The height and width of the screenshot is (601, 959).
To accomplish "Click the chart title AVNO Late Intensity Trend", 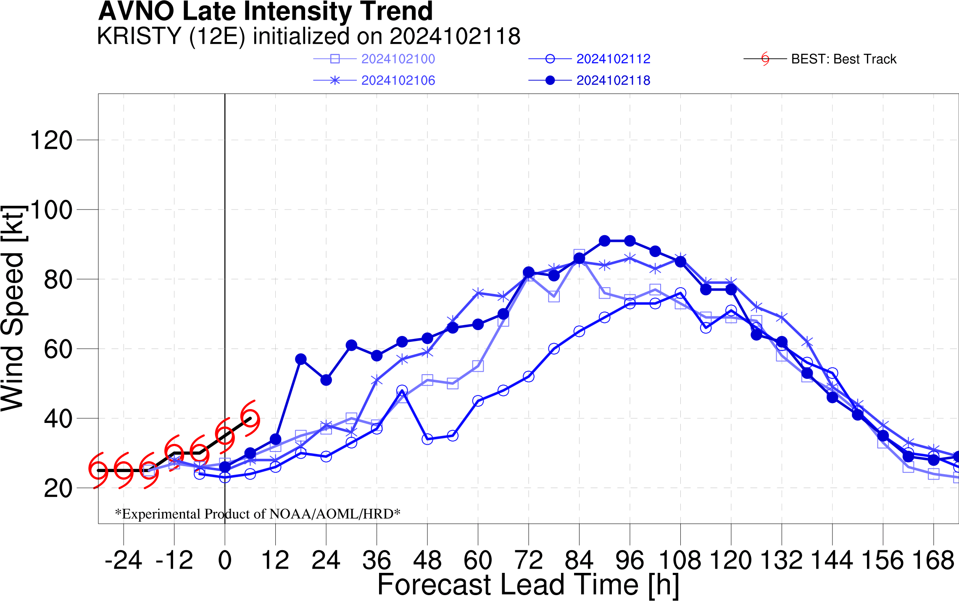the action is [x=266, y=11].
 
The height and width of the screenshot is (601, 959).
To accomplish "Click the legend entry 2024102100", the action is [x=398, y=59].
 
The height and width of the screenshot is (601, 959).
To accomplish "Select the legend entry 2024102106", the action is [x=398, y=80].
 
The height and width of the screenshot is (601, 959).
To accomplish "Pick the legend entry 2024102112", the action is [x=613, y=59].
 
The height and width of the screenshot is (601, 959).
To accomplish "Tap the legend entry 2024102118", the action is [x=613, y=80].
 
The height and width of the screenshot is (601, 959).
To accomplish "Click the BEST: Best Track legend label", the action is [x=844, y=59].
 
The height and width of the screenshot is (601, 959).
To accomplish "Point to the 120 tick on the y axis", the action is [x=51, y=140].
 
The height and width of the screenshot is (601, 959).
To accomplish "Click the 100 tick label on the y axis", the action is [x=51, y=210].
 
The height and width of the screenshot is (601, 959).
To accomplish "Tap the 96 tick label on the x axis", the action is [x=630, y=560].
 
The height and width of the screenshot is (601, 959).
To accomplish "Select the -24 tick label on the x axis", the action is [x=123, y=560].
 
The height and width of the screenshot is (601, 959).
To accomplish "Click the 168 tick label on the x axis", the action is [x=933, y=560].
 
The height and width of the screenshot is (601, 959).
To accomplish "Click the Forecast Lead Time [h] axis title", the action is [x=528, y=585].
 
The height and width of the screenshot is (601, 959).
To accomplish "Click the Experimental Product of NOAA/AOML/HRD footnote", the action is [x=258, y=513].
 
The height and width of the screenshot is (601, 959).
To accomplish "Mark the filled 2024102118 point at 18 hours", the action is [x=301, y=359].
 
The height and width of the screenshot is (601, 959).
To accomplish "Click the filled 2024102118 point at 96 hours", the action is [x=630, y=241].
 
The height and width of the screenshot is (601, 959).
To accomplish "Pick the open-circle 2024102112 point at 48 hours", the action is [x=427, y=439].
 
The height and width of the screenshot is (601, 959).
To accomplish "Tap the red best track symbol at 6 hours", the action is [x=250, y=418].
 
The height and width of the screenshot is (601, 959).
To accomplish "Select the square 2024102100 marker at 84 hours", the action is [x=579, y=255].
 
